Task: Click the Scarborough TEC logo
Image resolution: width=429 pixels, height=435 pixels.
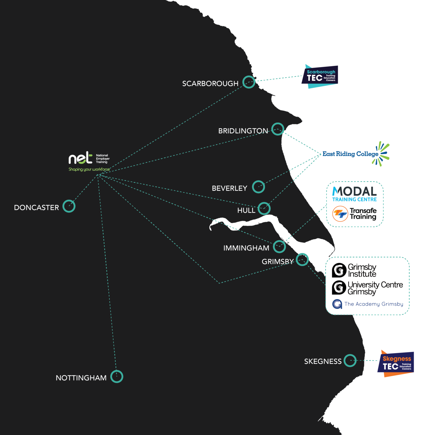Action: (x=320, y=76)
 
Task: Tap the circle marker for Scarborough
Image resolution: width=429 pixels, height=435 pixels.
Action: (x=249, y=82)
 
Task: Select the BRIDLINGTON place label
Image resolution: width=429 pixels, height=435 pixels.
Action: (x=243, y=131)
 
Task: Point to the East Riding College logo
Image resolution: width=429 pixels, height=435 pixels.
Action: (x=356, y=154)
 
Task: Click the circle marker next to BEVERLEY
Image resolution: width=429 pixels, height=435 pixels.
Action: (x=259, y=187)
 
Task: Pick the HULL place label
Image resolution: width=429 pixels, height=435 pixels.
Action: (x=246, y=210)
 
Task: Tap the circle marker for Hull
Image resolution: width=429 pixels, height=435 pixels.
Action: (x=264, y=209)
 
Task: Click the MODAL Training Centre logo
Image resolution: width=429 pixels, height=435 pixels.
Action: (x=355, y=194)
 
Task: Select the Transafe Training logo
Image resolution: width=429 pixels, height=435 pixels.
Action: (x=355, y=214)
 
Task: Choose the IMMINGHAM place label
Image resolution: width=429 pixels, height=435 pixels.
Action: (x=246, y=248)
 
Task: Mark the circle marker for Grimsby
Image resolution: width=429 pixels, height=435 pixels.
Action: (x=302, y=259)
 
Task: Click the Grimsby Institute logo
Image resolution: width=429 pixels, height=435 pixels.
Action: (x=354, y=270)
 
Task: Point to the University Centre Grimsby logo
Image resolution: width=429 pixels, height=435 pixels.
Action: (x=367, y=288)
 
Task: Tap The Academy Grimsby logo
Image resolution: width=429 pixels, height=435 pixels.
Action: (x=368, y=304)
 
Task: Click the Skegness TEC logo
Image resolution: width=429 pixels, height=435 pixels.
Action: (x=396, y=364)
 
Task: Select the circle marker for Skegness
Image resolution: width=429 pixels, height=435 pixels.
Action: (x=350, y=361)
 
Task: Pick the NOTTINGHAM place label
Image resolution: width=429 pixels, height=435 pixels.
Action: (x=81, y=378)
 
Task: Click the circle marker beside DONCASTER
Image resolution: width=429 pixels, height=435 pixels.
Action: (x=69, y=206)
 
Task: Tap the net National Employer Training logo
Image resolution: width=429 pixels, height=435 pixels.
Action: (x=89, y=158)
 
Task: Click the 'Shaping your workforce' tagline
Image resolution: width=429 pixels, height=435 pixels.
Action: (x=89, y=169)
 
